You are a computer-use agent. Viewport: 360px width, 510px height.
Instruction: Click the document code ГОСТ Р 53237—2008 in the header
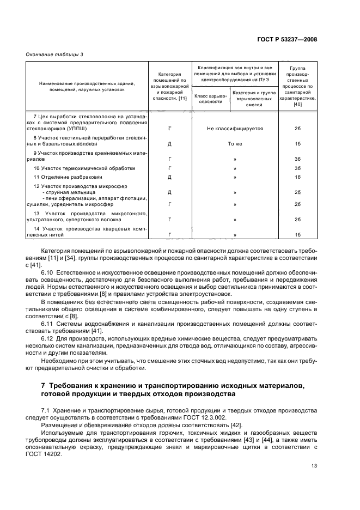tap(287, 40)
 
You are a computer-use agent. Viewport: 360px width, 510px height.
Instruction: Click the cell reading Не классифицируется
tap(235, 129)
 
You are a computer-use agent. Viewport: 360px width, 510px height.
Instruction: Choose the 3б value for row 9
tap(298, 160)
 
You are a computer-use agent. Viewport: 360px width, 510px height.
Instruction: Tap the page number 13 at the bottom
tap(314, 465)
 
